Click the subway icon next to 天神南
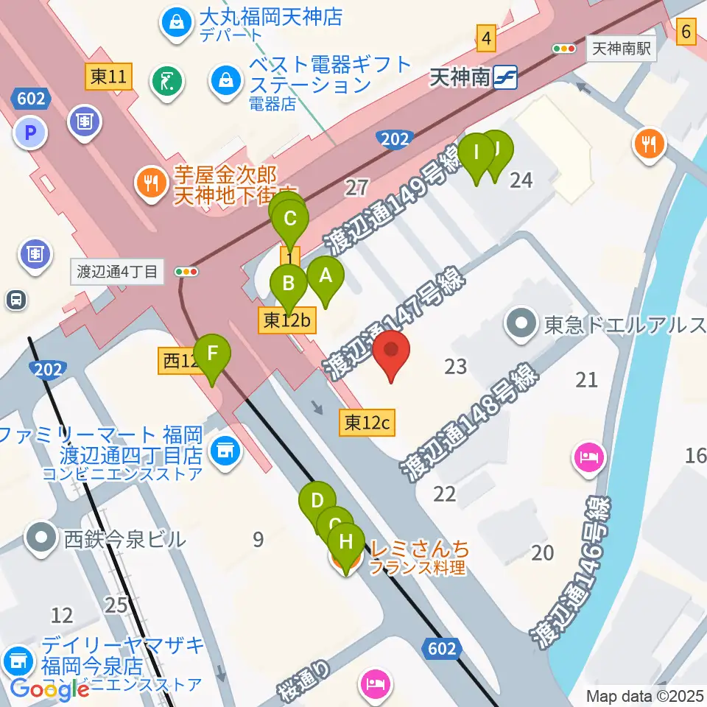point(506,77)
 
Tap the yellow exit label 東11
point(109,77)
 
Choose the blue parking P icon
point(30,133)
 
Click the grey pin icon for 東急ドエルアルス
point(522,324)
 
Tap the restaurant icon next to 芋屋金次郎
point(152,184)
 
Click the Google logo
point(50,689)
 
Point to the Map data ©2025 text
point(645,695)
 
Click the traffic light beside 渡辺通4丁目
point(187,272)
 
